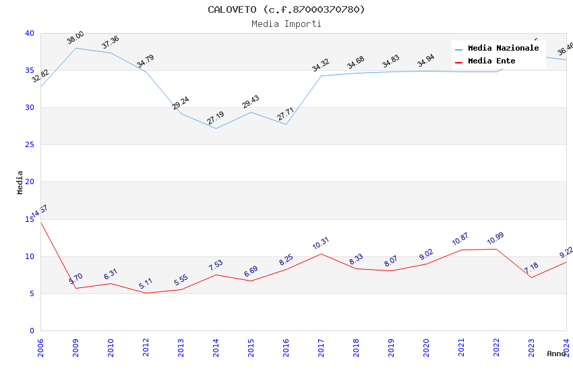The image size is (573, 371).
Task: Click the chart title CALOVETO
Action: [x=286, y=9]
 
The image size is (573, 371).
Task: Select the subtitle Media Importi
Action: [x=286, y=24]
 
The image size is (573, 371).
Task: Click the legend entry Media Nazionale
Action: [x=503, y=48]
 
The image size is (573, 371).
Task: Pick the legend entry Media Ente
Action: [x=491, y=61]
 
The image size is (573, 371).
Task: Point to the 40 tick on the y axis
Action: [x=29, y=33]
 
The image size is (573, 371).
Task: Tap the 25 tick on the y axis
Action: [x=29, y=144]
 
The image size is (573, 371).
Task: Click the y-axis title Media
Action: [x=20, y=182]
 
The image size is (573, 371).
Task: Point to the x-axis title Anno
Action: [x=556, y=353]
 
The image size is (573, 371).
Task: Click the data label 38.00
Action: [x=76, y=37]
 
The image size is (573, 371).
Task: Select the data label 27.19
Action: [x=216, y=118]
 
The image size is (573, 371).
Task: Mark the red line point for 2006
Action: [x=40, y=222]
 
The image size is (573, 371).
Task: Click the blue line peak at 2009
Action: [x=76, y=48]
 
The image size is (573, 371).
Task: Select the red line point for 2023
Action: [x=531, y=277]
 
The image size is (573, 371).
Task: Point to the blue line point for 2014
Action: [x=216, y=128]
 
